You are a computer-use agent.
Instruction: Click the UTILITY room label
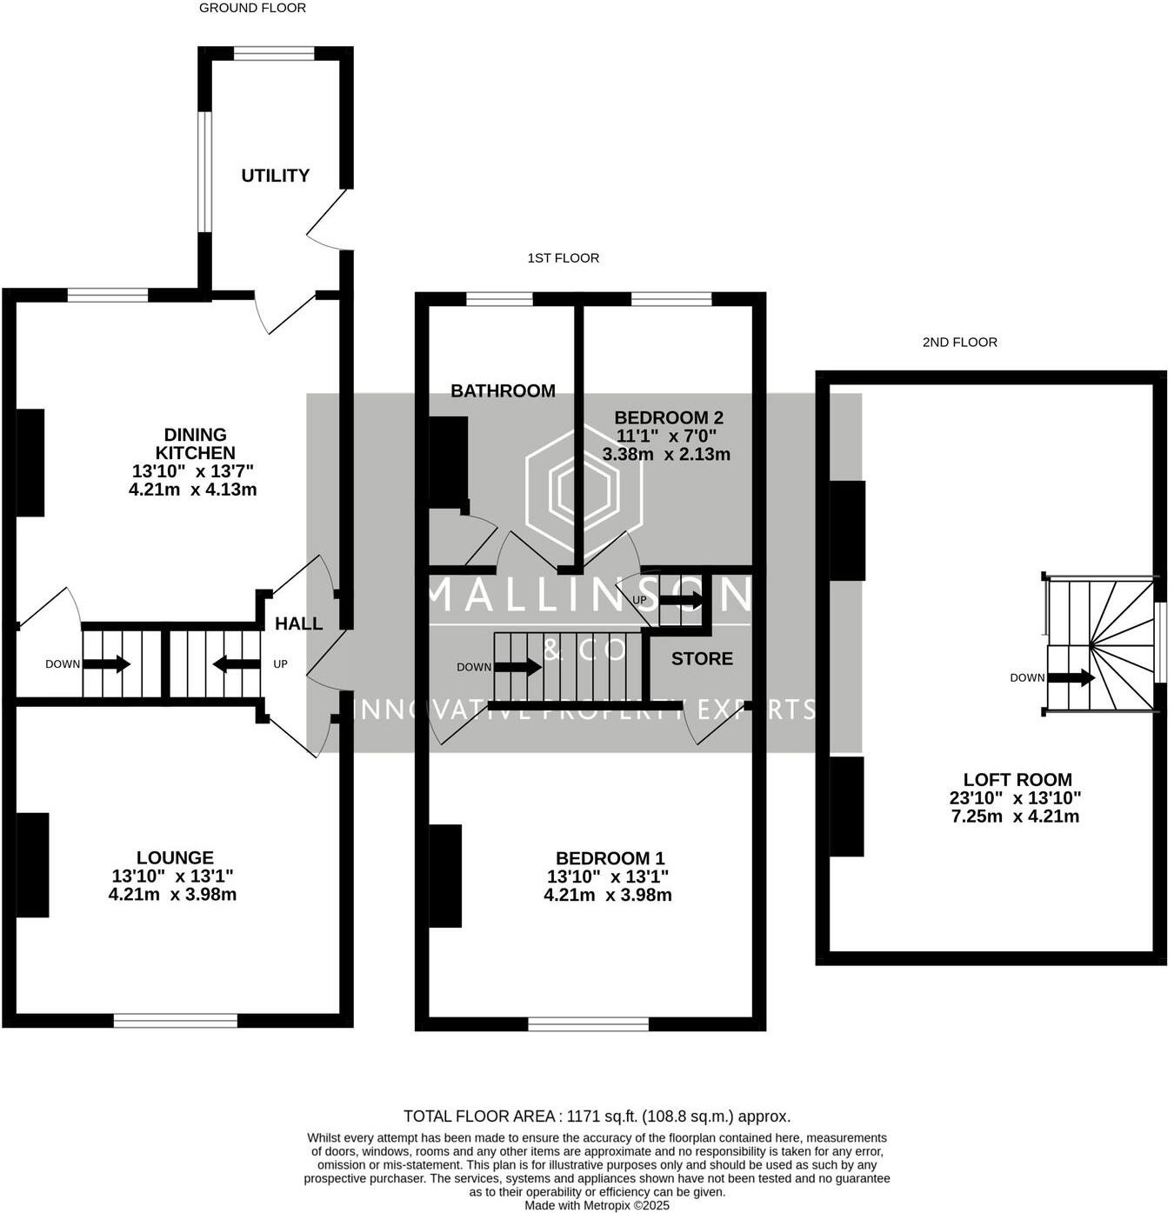[275, 176]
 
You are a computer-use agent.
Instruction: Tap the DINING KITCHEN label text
[195, 443]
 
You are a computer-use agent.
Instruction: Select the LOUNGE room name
[175, 857]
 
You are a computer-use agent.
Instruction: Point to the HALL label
[298, 623]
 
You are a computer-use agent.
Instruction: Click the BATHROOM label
[503, 391]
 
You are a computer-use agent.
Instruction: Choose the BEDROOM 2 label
[668, 417]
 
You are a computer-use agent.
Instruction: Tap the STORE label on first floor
[702, 659]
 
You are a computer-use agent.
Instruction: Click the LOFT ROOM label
[1017, 780]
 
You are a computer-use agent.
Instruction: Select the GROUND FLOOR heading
[252, 8]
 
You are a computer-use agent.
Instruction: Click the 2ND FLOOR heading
[959, 343]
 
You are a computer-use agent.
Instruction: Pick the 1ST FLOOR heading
[563, 258]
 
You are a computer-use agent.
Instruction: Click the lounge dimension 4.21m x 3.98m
[172, 894]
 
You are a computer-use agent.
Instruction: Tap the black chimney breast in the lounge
[33, 865]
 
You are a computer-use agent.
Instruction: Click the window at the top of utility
[274, 54]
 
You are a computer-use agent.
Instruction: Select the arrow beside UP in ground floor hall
[237, 665]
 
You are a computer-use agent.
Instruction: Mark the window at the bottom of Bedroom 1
[589, 1024]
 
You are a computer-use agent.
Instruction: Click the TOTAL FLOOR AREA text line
[597, 1116]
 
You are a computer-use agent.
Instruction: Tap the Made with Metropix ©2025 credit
[597, 1206]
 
